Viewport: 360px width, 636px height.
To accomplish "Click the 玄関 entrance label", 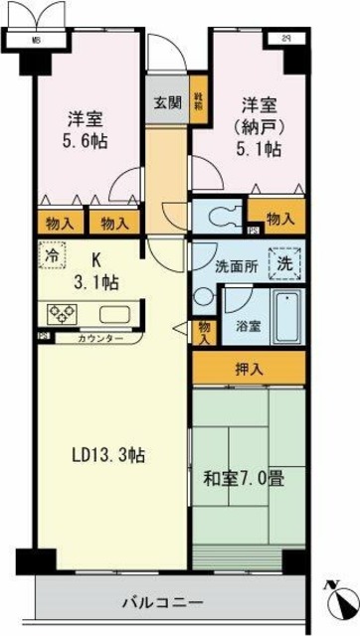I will coord(167,101).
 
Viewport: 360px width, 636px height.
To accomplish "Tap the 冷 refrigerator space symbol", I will coord(50,254).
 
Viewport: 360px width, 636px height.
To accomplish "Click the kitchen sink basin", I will coord(112,315).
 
